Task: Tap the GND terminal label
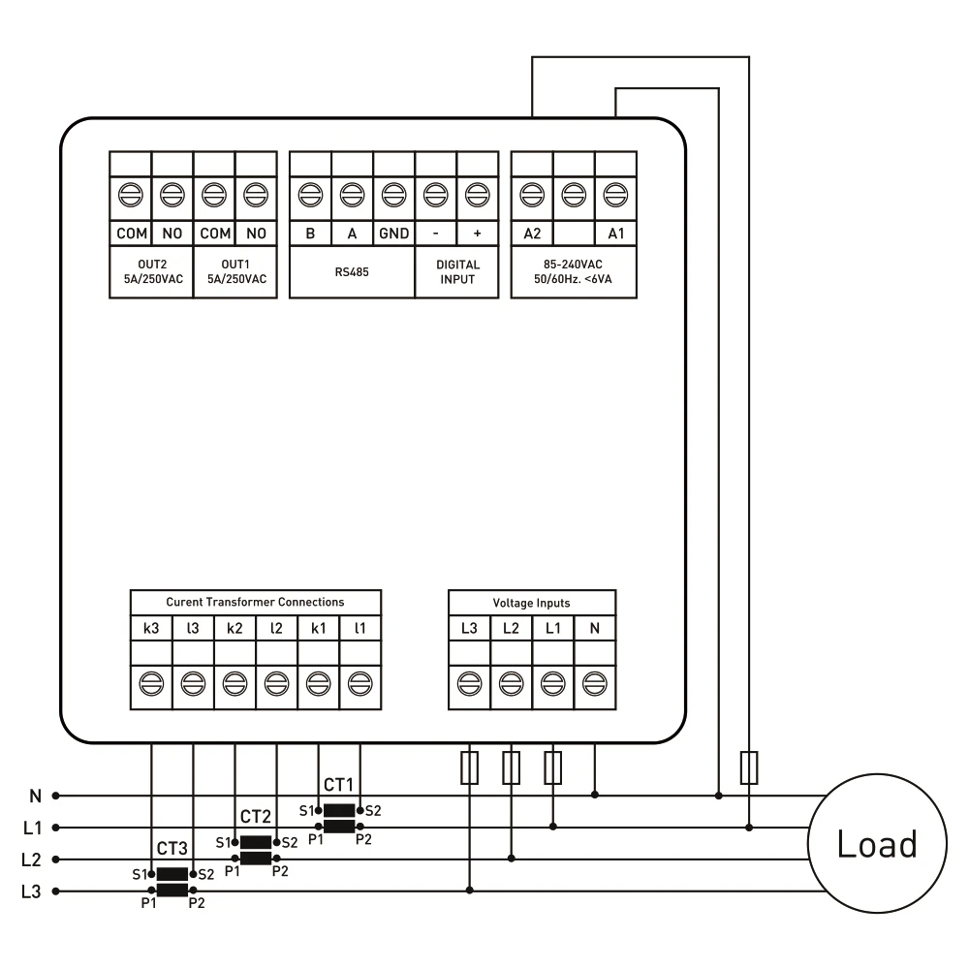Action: [x=393, y=234]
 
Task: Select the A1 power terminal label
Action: [x=616, y=234]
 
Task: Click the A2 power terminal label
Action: [x=532, y=234]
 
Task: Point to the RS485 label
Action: [x=352, y=272]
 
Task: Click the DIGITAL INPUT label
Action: [x=457, y=272]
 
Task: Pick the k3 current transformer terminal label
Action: [x=151, y=629]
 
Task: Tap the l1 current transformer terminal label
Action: [x=359, y=629]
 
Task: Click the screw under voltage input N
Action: [x=595, y=684]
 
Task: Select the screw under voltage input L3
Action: [x=469, y=684]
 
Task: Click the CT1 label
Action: [x=338, y=785]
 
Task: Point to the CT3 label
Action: [x=172, y=849]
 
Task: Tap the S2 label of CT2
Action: [x=290, y=842]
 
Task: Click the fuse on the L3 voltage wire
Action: [x=470, y=767]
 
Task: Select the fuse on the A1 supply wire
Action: [x=749, y=767]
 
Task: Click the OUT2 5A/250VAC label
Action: [x=153, y=272]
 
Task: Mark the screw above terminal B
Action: [x=310, y=195]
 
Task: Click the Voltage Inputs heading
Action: [x=531, y=603]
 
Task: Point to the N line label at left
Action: [x=35, y=796]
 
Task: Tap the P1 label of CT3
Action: [x=149, y=903]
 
